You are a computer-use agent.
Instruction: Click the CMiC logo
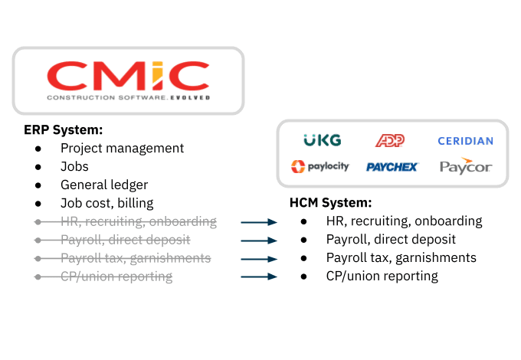128,80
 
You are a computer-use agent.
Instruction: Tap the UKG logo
323,140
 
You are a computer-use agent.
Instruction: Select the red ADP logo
390,140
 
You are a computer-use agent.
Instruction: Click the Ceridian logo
465,141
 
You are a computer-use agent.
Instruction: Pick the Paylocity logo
320,166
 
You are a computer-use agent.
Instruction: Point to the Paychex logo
392,167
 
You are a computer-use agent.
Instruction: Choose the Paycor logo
466,166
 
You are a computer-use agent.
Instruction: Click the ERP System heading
63,130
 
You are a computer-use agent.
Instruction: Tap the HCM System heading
331,202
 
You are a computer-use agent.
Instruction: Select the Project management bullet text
122,149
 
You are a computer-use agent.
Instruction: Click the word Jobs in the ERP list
74,166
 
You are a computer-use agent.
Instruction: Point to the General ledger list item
104,185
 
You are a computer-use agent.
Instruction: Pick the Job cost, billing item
107,203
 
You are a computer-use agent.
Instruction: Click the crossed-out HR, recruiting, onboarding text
139,221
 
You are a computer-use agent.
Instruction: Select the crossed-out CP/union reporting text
116,277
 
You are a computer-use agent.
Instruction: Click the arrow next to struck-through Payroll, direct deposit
259,241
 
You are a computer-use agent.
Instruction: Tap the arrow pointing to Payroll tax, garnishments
259,259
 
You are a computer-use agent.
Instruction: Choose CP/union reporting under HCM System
382,277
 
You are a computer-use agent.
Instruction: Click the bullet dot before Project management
38,149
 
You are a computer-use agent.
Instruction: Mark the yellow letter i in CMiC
157,75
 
